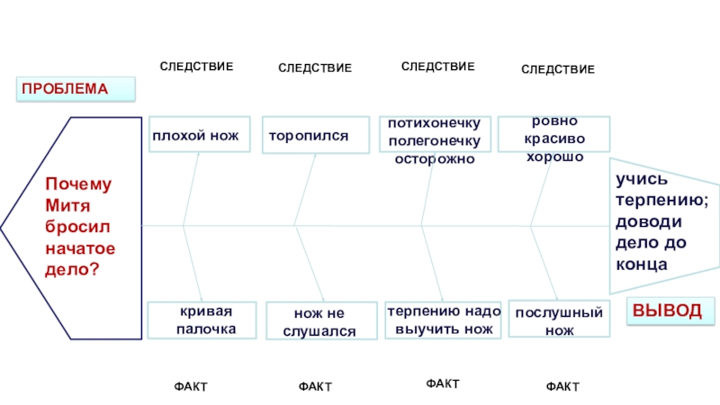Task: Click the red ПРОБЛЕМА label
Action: [x=76, y=89]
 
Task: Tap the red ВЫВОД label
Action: [x=666, y=310]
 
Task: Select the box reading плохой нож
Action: [x=199, y=134]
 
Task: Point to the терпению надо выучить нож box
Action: [x=443, y=319]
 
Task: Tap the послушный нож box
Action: [x=558, y=319]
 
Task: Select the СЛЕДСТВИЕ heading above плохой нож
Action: [x=196, y=67]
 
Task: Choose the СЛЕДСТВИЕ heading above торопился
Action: [x=314, y=68]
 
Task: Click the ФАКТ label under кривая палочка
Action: [x=190, y=386]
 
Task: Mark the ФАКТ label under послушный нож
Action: [x=562, y=386]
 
